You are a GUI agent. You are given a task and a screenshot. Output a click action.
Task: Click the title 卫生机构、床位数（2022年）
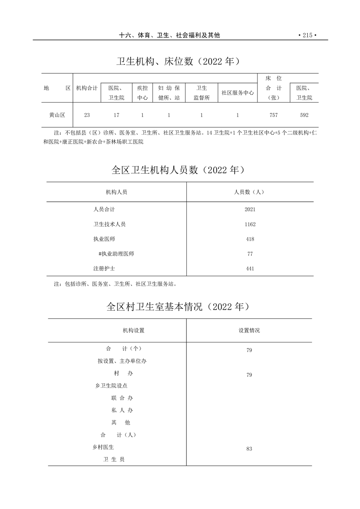coord(178,61)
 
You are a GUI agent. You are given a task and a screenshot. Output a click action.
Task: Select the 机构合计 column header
coord(87,88)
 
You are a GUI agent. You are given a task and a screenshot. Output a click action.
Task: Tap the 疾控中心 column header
coord(142,93)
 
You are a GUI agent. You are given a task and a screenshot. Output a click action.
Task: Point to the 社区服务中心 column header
coord(238,93)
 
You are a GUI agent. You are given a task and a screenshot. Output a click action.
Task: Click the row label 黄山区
coord(57,115)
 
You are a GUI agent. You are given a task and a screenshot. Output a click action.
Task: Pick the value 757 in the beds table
coord(273,115)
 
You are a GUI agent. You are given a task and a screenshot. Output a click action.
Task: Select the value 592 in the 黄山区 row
coord(304,115)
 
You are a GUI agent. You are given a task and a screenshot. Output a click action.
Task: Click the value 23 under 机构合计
coord(87,115)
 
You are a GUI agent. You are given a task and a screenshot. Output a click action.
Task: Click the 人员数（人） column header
coord(249,192)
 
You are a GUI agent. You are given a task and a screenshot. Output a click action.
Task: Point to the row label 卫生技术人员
coord(109,224)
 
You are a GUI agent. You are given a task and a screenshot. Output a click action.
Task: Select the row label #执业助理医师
coord(116,254)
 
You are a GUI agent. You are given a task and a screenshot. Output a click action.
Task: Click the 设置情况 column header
coord(249,331)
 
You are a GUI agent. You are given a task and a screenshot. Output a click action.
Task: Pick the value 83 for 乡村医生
coord(249,449)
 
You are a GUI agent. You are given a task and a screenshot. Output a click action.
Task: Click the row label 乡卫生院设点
coord(112,386)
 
